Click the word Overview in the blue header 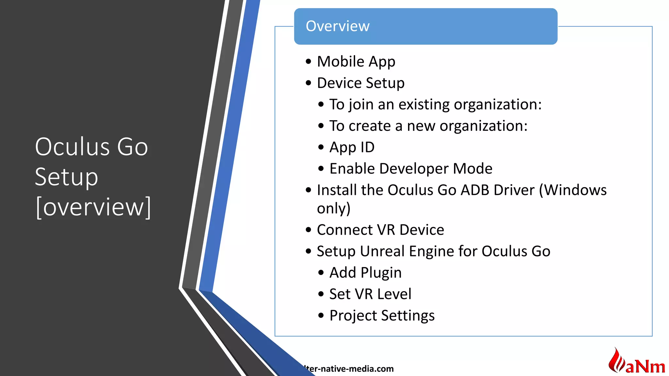(x=337, y=26)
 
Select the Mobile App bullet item (x=356, y=62)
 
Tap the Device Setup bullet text (x=361, y=83)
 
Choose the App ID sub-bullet (x=352, y=147)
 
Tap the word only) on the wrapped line (x=334, y=208)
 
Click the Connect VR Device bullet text (x=380, y=230)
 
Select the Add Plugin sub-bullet (x=365, y=273)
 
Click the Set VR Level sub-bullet (x=370, y=294)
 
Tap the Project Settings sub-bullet (x=382, y=316)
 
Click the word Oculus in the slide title (x=72, y=147)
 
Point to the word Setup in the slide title (x=66, y=177)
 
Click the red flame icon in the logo (x=616, y=361)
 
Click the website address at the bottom (x=349, y=369)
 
